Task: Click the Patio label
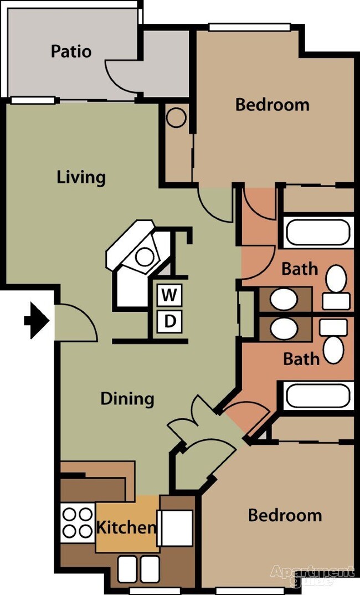[71, 52]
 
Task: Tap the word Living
[81, 177]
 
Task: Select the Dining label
[127, 398]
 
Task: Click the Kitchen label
[126, 527]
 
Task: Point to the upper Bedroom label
[272, 104]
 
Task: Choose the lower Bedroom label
[284, 515]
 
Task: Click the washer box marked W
[169, 295]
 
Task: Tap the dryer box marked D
[169, 321]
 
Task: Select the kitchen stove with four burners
[77, 522]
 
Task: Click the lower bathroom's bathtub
[318, 396]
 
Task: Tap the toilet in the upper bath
[336, 287]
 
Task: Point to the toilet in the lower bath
[334, 342]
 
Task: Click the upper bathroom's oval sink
[284, 299]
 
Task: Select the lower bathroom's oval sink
[284, 327]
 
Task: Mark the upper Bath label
[300, 269]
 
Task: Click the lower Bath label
[301, 358]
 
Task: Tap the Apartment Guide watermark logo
[312, 575]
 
